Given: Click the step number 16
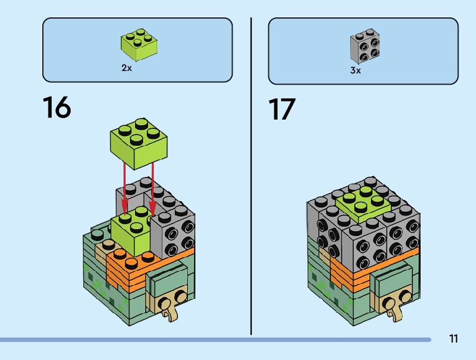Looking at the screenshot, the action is click(57, 108).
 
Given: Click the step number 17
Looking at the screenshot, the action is click(282, 108).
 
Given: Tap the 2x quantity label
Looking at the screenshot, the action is click(126, 68).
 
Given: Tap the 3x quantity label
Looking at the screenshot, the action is click(355, 70).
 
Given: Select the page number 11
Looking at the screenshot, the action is click(453, 339).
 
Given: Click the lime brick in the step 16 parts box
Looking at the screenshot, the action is click(138, 44).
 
